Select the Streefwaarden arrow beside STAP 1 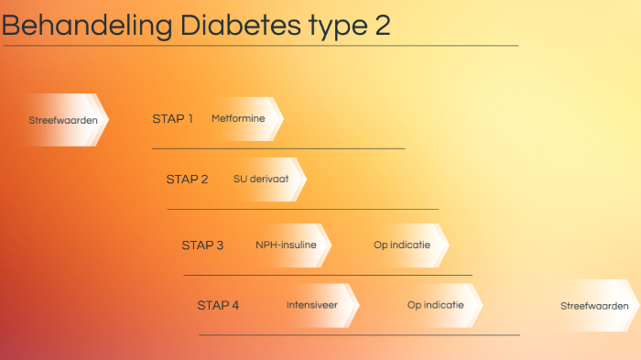62,120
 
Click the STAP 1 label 172,118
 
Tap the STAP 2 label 187,179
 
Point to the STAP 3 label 202,245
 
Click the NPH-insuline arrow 287,245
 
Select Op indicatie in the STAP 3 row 403,245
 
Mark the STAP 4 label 218,305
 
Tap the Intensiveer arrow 314,305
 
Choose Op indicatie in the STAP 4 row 436,305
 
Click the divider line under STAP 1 278,147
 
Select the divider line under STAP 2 302,209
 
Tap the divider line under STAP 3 327,275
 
